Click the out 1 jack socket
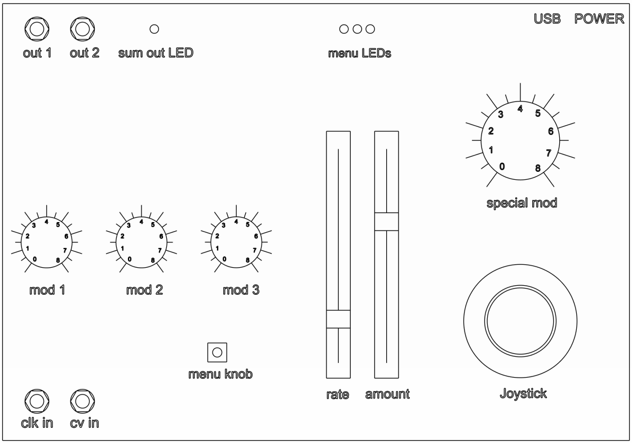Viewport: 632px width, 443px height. [x=37, y=29]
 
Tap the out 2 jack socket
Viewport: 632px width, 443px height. [x=83, y=29]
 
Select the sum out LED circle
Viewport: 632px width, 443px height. [x=154, y=29]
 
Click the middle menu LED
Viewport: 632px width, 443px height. [x=357, y=29]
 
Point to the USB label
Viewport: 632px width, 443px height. [x=547, y=19]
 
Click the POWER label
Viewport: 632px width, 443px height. [x=599, y=19]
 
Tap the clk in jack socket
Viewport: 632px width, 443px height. [x=37, y=401]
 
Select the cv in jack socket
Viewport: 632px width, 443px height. [x=83, y=401]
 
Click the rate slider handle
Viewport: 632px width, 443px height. [x=338, y=319]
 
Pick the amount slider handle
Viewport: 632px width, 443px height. [x=387, y=221]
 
